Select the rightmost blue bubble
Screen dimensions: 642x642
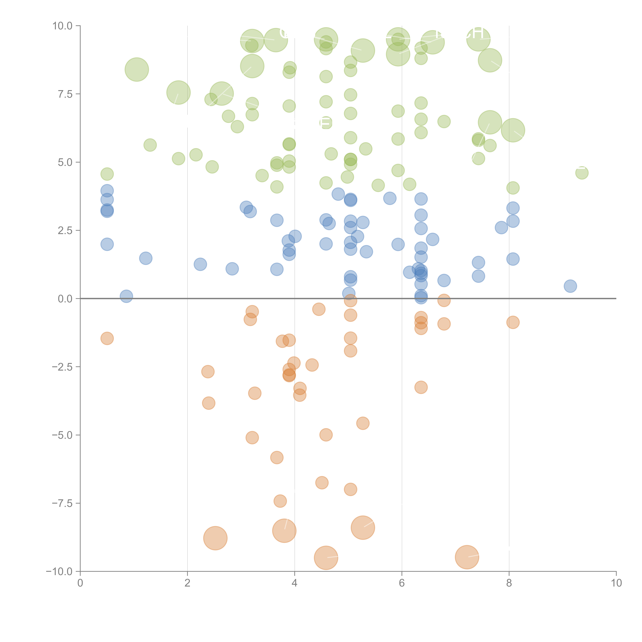pyautogui.click(x=570, y=286)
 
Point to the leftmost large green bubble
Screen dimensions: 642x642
pyautogui.click(x=137, y=69)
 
